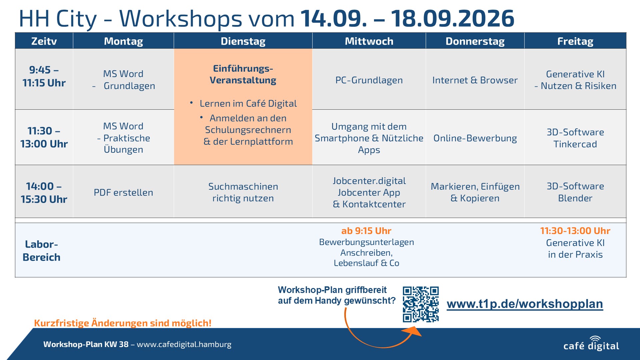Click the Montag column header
point(123,41)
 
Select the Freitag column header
point(575,41)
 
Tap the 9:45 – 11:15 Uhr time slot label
point(44,76)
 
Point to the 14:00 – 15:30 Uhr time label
point(44,193)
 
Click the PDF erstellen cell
point(123,192)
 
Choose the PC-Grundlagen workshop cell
point(369,80)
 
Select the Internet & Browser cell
point(475,80)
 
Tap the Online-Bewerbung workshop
point(475,138)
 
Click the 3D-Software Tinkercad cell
point(575,138)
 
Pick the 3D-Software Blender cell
point(575,192)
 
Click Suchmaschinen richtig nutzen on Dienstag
point(243,192)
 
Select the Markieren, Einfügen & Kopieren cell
point(475,192)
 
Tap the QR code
point(421,304)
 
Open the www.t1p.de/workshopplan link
point(525,304)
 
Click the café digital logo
point(591,344)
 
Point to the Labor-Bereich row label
point(41,251)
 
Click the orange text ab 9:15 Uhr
point(366,231)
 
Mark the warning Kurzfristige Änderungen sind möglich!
point(123,323)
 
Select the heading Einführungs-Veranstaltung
point(243,74)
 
